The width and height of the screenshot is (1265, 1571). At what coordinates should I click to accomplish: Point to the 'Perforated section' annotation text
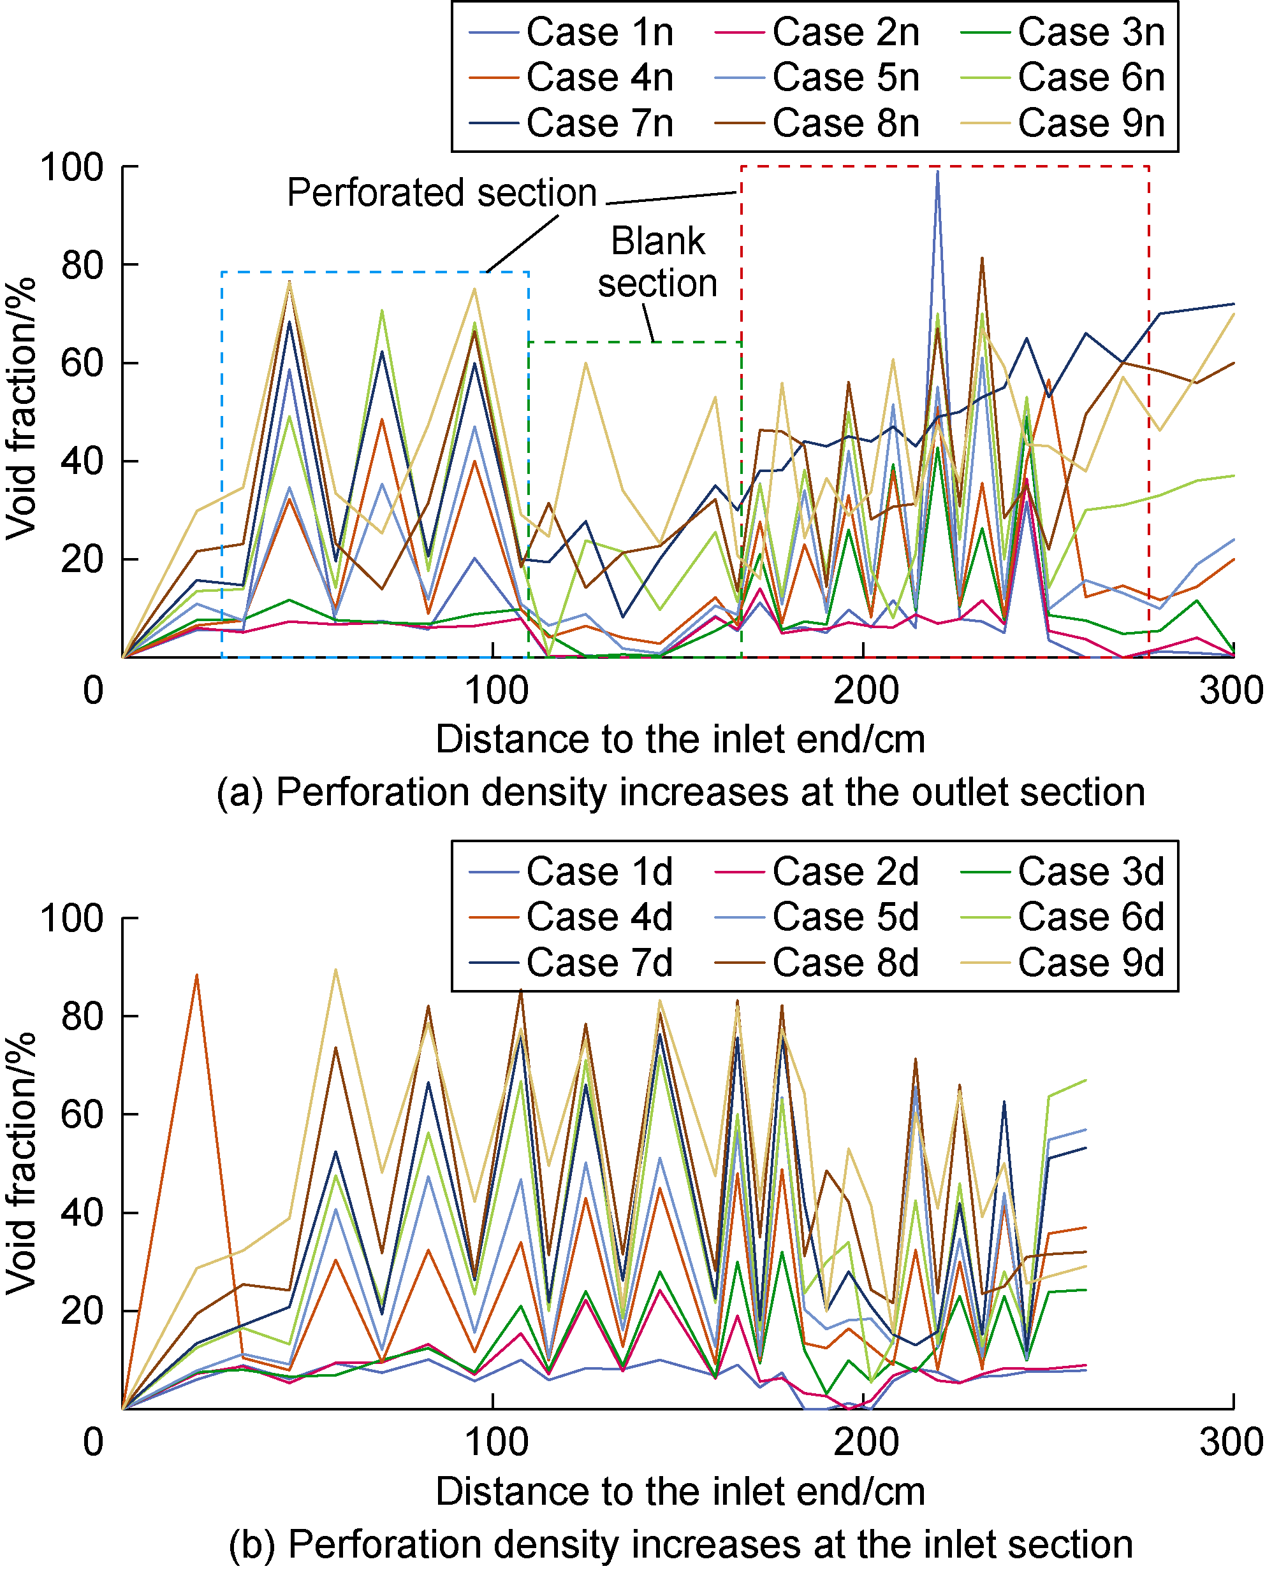(442, 193)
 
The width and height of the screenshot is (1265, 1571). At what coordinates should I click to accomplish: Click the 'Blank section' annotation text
(657, 262)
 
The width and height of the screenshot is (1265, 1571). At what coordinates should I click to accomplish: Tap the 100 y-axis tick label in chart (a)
(72, 168)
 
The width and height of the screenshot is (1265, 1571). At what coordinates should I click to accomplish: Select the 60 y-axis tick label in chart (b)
(82, 1114)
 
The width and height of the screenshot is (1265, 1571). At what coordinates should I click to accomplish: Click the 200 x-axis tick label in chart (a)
(865, 689)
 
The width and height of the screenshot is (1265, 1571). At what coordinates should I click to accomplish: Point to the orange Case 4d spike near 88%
(196, 977)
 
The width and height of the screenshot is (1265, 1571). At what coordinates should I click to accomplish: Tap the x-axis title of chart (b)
(680, 1491)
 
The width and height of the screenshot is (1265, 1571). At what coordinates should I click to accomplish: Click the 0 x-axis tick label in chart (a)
(93, 689)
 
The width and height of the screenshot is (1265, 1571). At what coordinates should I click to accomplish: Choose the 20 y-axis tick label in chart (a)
(82, 559)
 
